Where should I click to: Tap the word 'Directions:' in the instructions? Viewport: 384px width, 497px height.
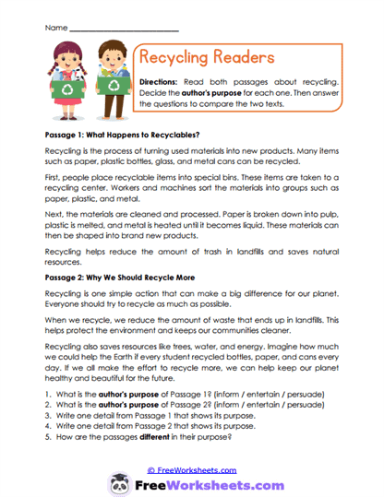[163, 82]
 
